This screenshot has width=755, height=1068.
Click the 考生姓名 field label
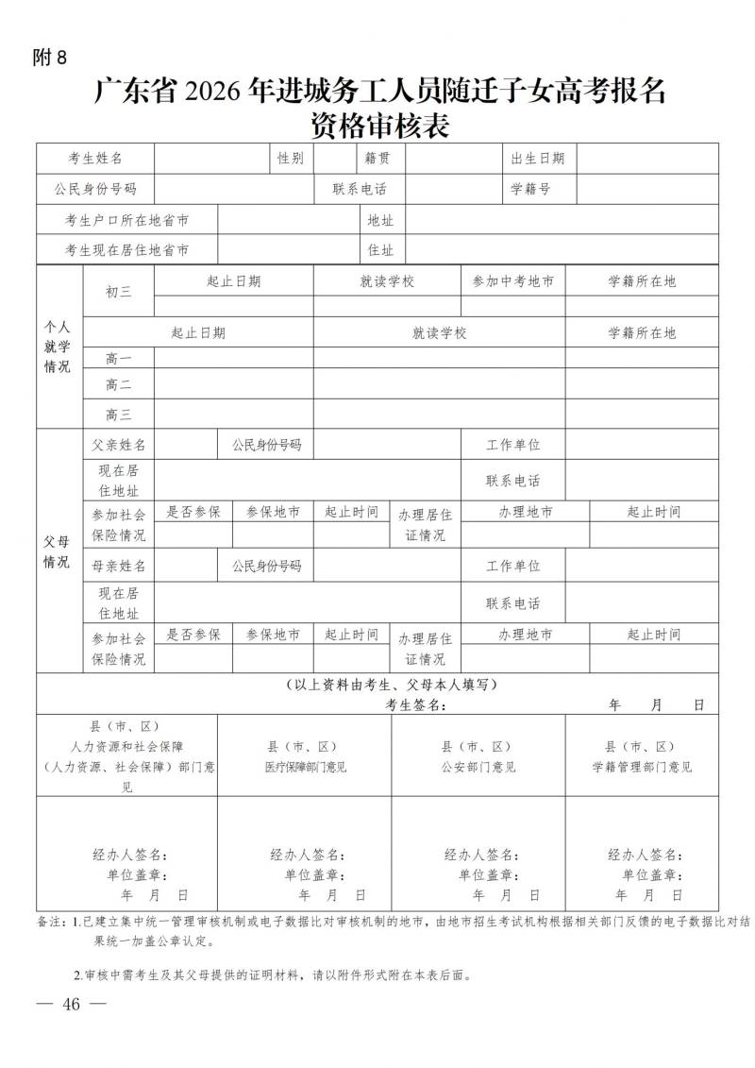tap(94, 159)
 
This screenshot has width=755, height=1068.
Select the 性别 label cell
tap(291, 159)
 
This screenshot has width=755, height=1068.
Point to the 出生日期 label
tap(538, 159)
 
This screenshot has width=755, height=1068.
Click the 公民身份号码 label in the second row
tap(94, 189)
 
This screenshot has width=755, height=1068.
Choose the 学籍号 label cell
tap(530, 189)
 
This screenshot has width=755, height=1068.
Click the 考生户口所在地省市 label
tap(126, 220)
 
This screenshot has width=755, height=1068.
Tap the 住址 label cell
tap(380, 250)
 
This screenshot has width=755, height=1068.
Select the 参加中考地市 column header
tap(513, 281)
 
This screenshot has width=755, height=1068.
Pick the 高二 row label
tap(119, 385)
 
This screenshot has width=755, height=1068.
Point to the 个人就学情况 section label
tap(58, 346)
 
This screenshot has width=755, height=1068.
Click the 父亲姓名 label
tap(119, 445)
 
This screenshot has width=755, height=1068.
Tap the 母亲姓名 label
tap(119, 567)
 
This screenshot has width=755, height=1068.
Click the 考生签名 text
tap(415, 705)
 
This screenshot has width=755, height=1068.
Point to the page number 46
tap(71, 1004)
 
